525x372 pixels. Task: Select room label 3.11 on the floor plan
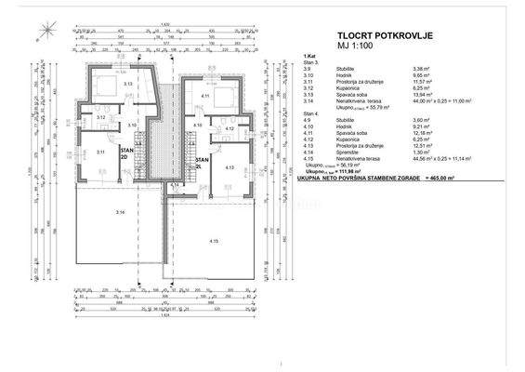[x=99, y=150]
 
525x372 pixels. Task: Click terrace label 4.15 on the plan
[x=214, y=241]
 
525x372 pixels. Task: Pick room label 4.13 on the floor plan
[x=230, y=167]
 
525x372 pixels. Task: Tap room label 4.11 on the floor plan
[x=204, y=95]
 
